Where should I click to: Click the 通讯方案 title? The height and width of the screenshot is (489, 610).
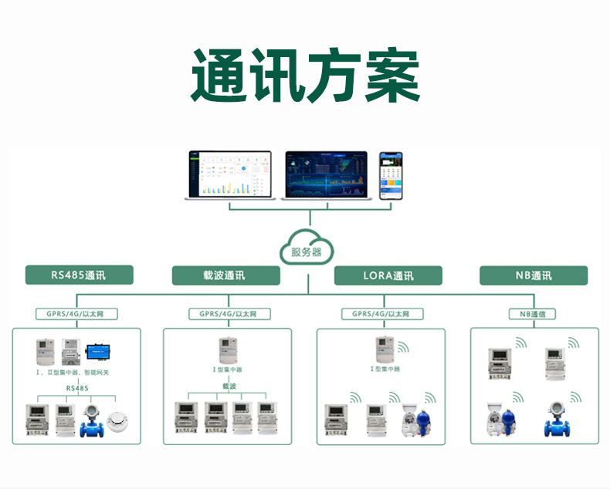(x=305, y=76)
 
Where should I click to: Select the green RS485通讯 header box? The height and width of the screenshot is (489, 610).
(x=79, y=275)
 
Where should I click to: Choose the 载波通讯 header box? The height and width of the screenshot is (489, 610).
(x=225, y=275)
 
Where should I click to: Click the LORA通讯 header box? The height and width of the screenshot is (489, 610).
(x=388, y=275)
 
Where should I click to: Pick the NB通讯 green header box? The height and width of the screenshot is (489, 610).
(x=534, y=275)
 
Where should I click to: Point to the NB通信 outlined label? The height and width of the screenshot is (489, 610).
(x=533, y=314)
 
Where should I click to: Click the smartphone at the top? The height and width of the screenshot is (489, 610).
(x=391, y=176)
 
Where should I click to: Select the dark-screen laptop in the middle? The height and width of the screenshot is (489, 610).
(x=328, y=176)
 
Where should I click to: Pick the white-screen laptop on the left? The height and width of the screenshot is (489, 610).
(x=229, y=176)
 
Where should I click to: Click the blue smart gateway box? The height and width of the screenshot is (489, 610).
(x=100, y=352)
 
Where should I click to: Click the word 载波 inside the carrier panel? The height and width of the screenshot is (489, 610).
(x=229, y=385)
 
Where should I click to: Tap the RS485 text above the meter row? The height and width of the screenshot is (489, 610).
(x=76, y=388)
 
